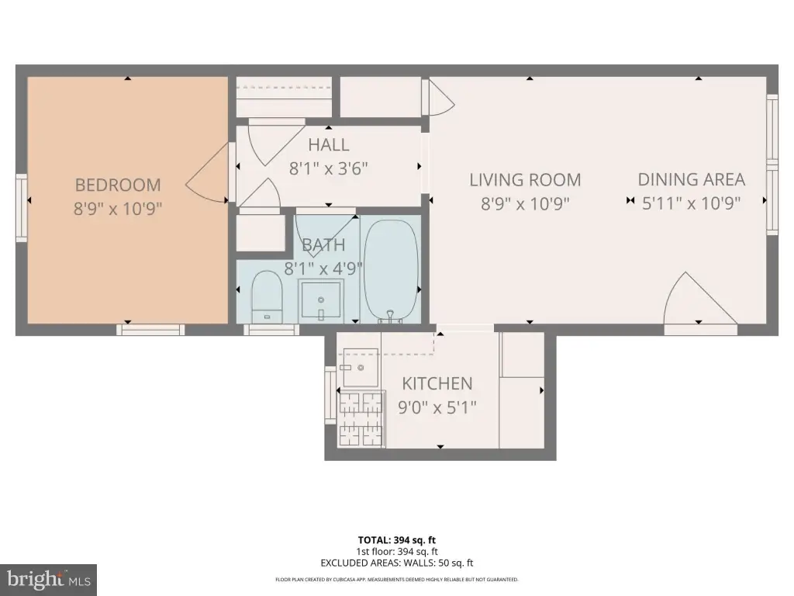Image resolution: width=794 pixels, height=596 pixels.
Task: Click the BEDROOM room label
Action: pyautogui.click(x=118, y=185)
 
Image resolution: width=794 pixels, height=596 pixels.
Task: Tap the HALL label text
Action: pyautogui.click(x=329, y=145)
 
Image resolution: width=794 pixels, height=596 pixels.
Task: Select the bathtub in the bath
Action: pyautogui.click(x=392, y=271)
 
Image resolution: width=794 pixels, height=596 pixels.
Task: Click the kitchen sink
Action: pyautogui.click(x=361, y=367)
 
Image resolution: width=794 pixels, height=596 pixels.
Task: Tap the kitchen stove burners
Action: pyautogui.click(x=361, y=418)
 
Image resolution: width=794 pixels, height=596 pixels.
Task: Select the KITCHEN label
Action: pyautogui.click(x=437, y=383)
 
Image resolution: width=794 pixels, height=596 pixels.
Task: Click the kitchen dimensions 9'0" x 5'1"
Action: pyautogui.click(x=437, y=407)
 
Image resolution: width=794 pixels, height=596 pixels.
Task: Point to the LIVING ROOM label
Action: pyautogui.click(x=525, y=180)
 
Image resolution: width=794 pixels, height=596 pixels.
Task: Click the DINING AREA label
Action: pyautogui.click(x=691, y=179)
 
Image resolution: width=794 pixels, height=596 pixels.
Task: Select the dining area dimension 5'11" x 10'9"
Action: pyautogui.click(x=691, y=203)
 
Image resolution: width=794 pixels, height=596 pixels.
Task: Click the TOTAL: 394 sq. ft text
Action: pyautogui.click(x=397, y=540)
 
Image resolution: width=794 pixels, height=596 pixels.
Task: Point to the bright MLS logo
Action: pyautogui.click(x=48, y=580)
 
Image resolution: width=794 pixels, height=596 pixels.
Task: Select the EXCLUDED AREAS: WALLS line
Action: pyautogui.click(x=397, y=563)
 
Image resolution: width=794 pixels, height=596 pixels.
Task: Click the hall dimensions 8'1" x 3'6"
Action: pyautogui.click(x=329, y=168)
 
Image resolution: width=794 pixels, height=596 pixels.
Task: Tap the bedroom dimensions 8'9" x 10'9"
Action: pyautogui.click(x=118, y=208)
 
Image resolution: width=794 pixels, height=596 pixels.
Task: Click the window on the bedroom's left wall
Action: pyautogui.click(x=21, y=208)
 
